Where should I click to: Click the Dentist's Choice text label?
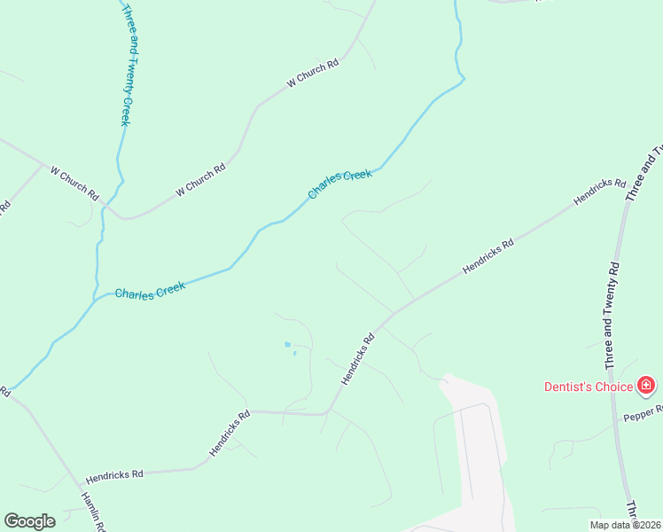point(589,386)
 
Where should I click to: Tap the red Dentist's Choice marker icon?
point(646,385)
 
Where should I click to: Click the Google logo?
point(29,520)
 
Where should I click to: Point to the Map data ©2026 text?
point(625,525)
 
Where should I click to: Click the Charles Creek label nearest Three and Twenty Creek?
point(150,292)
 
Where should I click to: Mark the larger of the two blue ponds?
point(286,344)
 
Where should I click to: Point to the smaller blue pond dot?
point(294,354)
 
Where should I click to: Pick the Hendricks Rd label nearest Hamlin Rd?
point(114,475)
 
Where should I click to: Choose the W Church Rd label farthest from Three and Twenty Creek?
point(313,73)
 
